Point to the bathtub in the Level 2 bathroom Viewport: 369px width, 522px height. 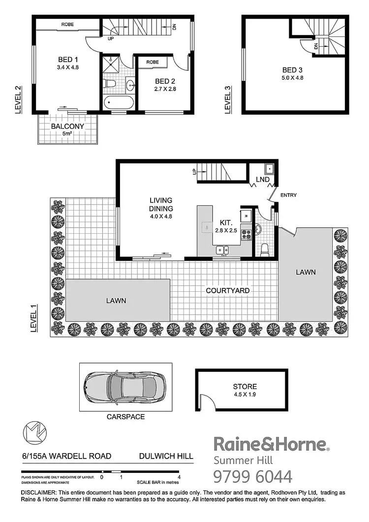pos(119,103)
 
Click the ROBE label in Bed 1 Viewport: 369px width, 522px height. pos(67,24)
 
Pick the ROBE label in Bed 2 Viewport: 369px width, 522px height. pos(152,62)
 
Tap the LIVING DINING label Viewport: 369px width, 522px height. pos(161,204)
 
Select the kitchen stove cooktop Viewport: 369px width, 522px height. pos(246,234)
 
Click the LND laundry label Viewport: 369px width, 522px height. pos(263,180)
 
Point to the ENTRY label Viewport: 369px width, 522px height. pos(288,195)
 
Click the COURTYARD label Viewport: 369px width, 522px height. pos(227,290)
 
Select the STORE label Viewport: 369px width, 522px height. pos(245,387)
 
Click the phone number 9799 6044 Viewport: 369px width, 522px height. pos(252,477)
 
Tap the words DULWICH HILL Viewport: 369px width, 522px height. pos(166,456)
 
